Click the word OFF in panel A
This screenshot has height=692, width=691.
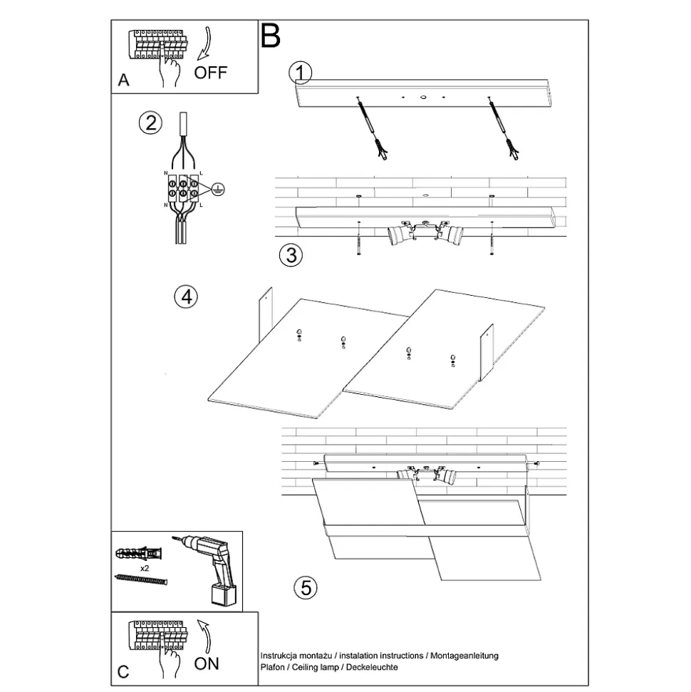210,72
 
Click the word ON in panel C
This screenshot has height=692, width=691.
207,663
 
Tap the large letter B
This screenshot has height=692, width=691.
271,35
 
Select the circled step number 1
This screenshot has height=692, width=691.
301,72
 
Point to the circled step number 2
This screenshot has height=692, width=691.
150,123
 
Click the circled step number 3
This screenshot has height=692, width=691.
291,254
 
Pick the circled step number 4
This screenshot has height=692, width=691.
186,296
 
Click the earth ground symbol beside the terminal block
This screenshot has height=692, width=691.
219,189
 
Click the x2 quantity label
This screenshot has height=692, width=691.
145,568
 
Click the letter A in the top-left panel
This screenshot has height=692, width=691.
124,81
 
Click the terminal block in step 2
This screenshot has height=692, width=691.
182,189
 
